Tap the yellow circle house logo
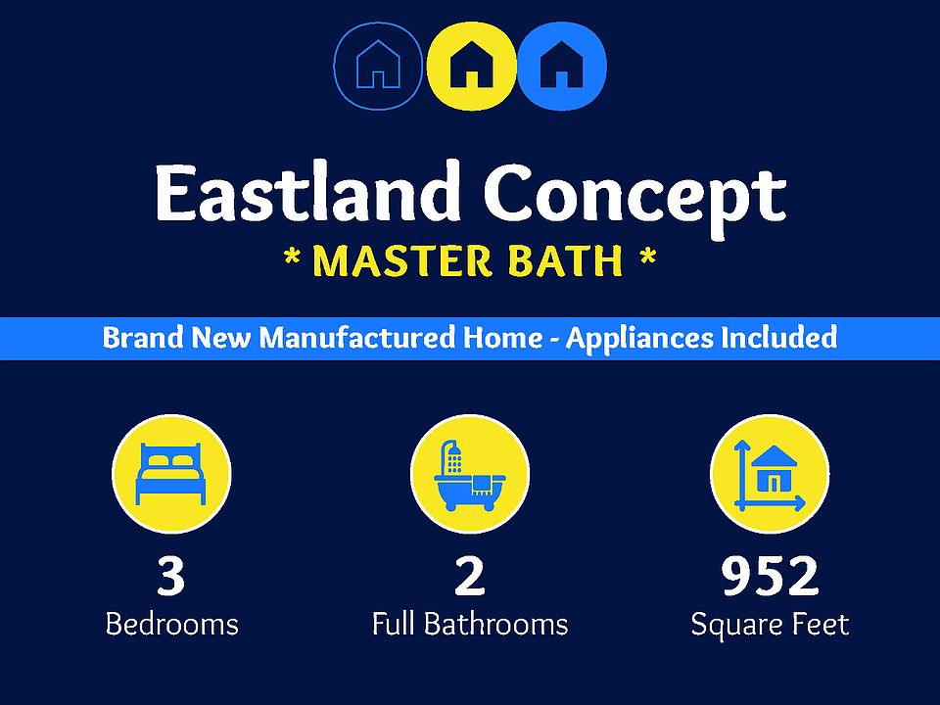[472, 66]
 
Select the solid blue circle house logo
[562, 66]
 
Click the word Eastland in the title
[305, 192]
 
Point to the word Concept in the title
[634, 198]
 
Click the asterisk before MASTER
[292, 258]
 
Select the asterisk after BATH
[648, 258]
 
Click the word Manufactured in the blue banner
[356, 338]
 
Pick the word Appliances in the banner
[639, 339]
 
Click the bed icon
[170, 474]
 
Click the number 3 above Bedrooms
[170, 576]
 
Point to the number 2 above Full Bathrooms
[469, 576]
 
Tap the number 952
[770, 576]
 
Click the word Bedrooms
[172, 624]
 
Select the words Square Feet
[770, 626]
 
